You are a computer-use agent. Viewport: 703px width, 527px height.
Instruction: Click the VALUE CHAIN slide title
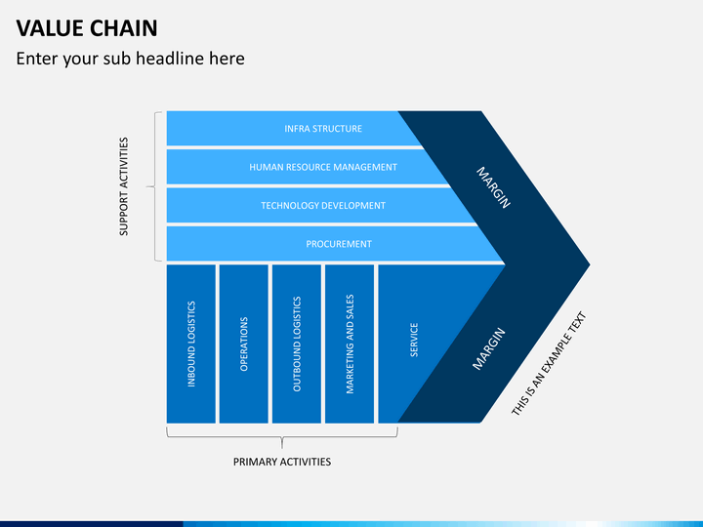[87, 28]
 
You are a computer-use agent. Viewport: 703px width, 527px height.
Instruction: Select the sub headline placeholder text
[131, 59]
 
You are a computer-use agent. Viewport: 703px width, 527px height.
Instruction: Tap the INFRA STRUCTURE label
[323, 129]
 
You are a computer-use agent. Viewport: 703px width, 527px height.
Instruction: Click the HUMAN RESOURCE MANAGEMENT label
[323, 167]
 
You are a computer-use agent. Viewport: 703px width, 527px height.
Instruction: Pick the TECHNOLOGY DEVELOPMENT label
[323, 206]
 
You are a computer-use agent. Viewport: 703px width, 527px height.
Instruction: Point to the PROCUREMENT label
[339, 244]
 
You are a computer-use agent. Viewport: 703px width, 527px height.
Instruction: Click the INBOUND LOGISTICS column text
[191, 345]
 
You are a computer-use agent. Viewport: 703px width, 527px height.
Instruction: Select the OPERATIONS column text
[244, 345]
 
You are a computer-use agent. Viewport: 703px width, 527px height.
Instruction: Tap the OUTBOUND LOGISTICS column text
[297, 345]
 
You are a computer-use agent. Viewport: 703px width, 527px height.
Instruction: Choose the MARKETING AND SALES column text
[350, 345]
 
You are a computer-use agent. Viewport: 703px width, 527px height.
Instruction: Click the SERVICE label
[414, 340]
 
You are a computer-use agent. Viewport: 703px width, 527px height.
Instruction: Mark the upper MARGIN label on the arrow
[493, 187]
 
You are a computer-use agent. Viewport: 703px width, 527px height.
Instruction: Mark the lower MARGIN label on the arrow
[489, 349]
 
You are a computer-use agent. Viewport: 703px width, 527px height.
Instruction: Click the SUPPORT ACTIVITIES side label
[124, 186]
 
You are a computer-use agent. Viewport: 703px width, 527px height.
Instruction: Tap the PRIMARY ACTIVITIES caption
[282, 462]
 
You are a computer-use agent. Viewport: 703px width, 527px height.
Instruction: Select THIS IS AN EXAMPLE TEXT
[549, 363]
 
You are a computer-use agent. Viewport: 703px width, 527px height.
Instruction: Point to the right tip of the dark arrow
[590, 264]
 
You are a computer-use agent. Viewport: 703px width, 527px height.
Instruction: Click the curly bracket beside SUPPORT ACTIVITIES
[154, 186]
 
